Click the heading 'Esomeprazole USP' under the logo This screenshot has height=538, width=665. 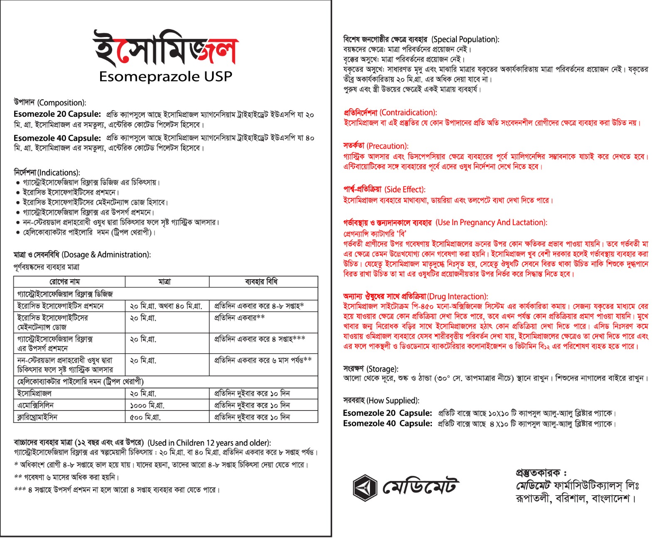tap(165, 76)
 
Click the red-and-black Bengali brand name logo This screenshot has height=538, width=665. tap(165, 49)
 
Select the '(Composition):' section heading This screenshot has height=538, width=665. tap(62, 103)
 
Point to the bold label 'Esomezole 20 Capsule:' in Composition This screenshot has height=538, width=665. tap(57, 114)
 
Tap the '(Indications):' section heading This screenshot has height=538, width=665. tap(59, 172)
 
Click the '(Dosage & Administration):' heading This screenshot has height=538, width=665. tap(106, 255)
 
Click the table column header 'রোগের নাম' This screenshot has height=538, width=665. tap(65, 282)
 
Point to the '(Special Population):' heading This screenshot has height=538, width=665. tap(465, 39)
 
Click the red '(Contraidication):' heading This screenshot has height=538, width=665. tap(408, 113)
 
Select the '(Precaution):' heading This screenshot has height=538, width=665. tap(387, 146)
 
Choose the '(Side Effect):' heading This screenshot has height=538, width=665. tap(405, 189)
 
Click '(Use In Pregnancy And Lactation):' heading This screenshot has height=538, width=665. tap(491, 223)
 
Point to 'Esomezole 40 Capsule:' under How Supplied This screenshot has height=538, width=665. tap(387, 423)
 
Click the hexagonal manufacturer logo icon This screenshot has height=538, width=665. tap(365, 487)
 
